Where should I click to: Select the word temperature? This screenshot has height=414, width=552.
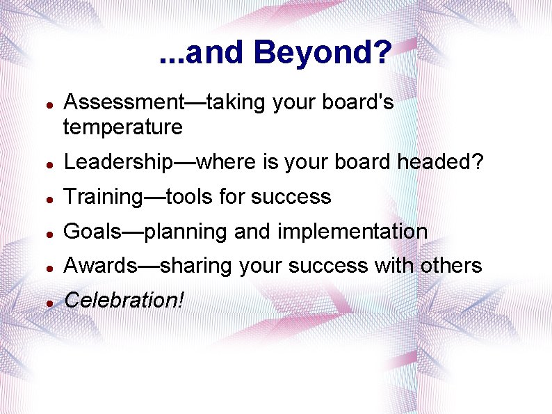123,127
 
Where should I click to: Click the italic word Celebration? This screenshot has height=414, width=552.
124,300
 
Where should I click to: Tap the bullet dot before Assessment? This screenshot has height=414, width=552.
46,104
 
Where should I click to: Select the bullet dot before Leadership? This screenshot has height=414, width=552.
46,164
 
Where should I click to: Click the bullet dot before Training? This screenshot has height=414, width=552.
46,198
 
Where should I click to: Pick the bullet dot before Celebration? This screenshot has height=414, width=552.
46,302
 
